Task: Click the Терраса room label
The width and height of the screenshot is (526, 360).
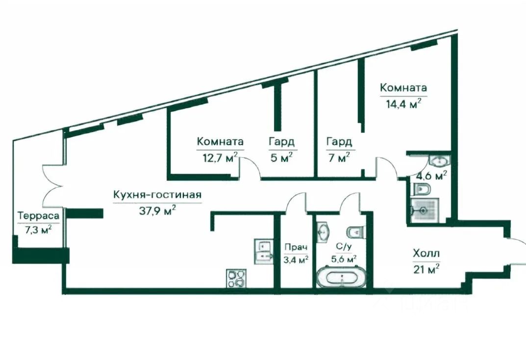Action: (39, 216)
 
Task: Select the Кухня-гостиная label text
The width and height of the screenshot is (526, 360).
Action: (157, 195)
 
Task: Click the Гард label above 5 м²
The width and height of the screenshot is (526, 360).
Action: (282, 142)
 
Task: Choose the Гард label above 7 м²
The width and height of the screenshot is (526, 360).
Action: (340, 142)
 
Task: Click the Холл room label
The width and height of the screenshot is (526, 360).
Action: (426, 253)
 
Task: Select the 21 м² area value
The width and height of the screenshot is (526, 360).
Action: (426, 269)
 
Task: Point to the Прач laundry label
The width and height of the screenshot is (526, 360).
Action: (296, 248)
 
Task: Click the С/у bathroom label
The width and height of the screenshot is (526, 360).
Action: (344, 247)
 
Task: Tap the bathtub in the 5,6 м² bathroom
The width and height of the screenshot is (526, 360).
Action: (342, 277)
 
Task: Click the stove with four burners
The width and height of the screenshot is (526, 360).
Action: (236, 278)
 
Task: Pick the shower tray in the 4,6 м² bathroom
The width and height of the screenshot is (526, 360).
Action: (424, 211)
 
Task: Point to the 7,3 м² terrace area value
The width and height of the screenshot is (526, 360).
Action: (38, 230)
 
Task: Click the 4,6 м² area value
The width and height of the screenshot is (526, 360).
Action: (433, 176)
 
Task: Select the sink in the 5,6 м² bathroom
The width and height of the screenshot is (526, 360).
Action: (324, 231)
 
